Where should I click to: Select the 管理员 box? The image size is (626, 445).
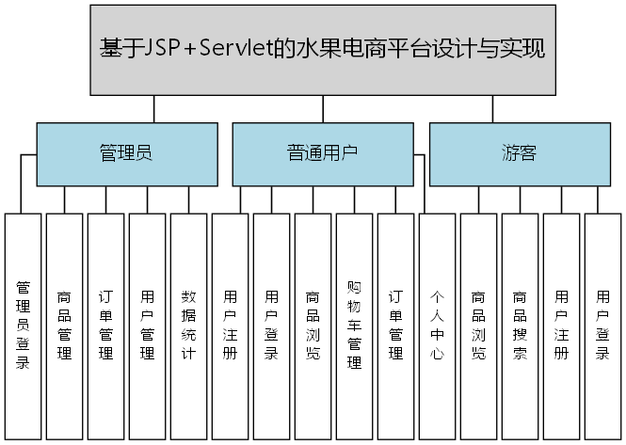[x=125, y=153]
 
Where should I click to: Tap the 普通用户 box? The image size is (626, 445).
[x=322, y=153]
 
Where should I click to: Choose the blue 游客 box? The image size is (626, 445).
[x=519, y=153]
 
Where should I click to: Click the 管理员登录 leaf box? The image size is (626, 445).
[x=23, y=326]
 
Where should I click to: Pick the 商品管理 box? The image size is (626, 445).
[x=64, y=326]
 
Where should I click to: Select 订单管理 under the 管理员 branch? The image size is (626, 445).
[x=105, y=326]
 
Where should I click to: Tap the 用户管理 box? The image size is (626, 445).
[x=147, y=326]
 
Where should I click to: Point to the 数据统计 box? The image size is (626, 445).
[x=188, y=326]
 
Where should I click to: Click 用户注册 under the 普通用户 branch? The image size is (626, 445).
[x=230, y=326]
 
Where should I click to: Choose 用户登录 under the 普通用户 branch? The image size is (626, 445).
[x=271, y=326]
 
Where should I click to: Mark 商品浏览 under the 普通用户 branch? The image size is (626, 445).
[x=313, y=326]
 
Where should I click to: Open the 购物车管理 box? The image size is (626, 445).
[x=354, y=326]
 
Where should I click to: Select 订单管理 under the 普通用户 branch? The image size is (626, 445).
[x=395, y=326]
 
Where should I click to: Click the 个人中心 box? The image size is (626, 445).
[x=437, y=326]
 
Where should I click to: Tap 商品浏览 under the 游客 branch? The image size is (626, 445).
[x=478, y=326]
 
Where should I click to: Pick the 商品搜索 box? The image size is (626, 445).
[x=520, y=326]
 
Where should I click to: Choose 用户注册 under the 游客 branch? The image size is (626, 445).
[x=561, y=326]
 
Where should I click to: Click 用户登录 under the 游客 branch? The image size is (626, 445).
[x=602, y=326]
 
